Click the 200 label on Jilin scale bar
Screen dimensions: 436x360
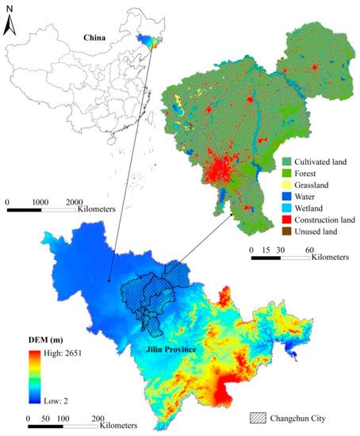coord(98,417)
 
